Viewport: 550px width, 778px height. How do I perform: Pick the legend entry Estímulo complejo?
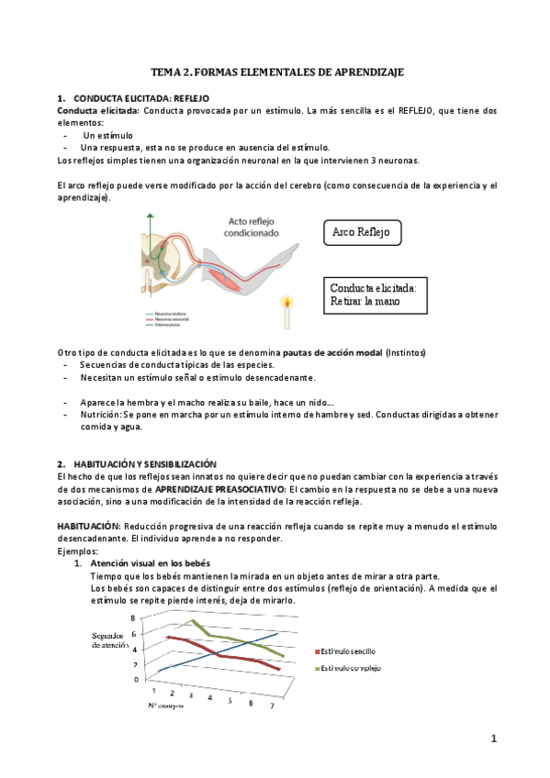point(356,668)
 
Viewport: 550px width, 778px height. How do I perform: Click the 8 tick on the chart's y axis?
point(133,617)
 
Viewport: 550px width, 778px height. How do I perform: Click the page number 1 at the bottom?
point(493,739)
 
